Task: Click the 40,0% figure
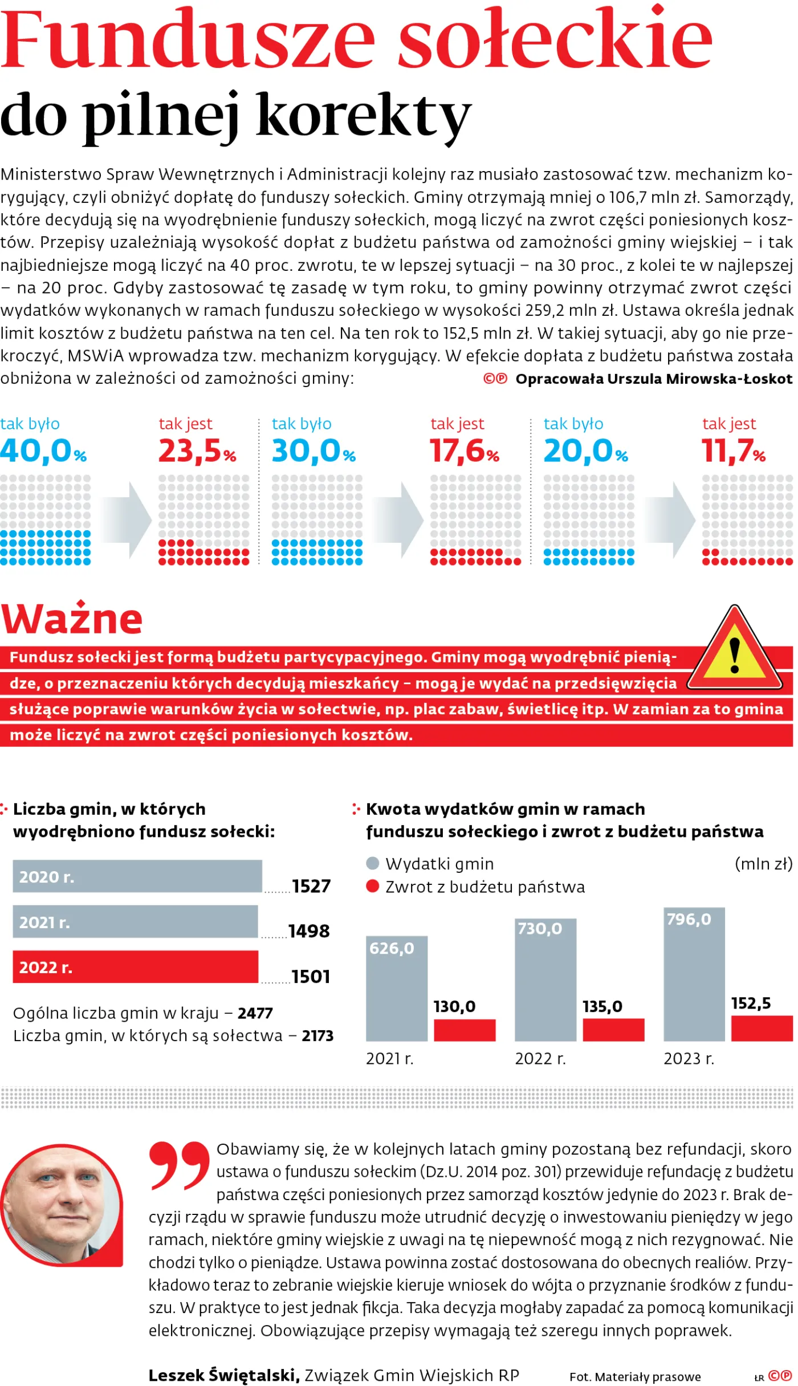click(x=43, y=450)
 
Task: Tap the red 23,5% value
click(x=197, y=450)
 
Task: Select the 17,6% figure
click(x=465, y=450)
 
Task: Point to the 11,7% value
click(x=734, y=450)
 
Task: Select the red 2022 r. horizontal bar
click(x=136, y=967)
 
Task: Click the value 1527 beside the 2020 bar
click(x=311, y=886)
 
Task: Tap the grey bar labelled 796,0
click(x=694, y=974)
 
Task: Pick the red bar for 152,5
click(x=762, y=1029)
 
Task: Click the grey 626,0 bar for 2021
click(x=397, y=989)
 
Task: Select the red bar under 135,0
click(x=613, y=1030)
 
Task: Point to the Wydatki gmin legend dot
click(x=373, y=863)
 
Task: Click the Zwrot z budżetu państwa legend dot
click(x=373, y=886)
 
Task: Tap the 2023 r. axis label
click(x=689, y=1059)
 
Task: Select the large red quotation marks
click(x=180, y=1165)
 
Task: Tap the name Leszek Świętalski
click(x=224, y=1375)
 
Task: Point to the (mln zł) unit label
click(x=764, y=864)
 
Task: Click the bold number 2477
click(x=255, y=1013)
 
